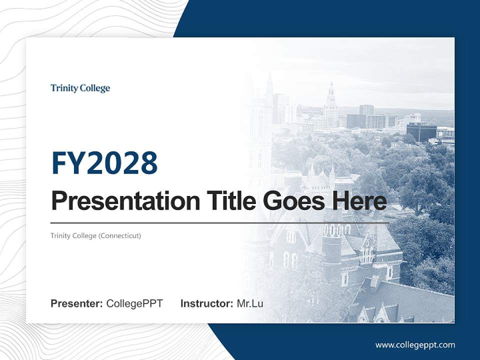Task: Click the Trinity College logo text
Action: (80, 88)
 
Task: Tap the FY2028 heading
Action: (104, 163)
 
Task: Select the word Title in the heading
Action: (229, 201)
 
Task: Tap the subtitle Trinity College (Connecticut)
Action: (95, 235)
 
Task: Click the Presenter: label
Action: (77, 303)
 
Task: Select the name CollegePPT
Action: (134, 303)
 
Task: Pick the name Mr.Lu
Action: (250, 303)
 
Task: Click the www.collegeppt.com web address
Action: (415, 345)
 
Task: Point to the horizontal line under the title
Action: (220, 222)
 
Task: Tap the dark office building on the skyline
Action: (421, 132)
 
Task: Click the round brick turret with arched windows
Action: (332, 245)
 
